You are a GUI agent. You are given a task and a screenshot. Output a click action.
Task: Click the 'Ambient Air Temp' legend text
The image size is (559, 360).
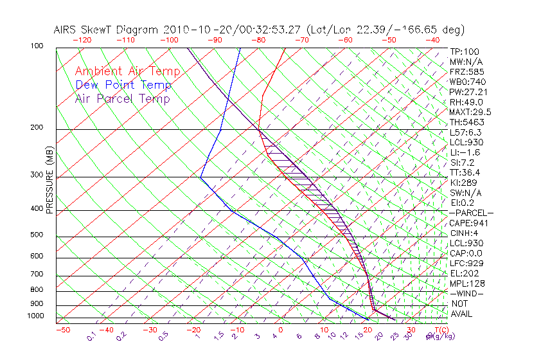point(128,71)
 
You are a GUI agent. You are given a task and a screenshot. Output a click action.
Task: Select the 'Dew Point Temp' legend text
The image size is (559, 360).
point(123,85)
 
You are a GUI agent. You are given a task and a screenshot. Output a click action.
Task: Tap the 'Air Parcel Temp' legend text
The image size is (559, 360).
point(122,98)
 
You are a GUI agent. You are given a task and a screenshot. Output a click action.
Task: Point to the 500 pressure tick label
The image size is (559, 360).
point(37,235)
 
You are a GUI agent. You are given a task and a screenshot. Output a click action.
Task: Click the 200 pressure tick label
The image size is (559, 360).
point(37,127)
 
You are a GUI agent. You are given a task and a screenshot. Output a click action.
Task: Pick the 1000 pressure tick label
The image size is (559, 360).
point(35,316)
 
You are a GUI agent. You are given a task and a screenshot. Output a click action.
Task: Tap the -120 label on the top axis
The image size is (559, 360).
point(82,40)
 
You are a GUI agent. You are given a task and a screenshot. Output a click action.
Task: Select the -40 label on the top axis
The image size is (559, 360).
point(432,40)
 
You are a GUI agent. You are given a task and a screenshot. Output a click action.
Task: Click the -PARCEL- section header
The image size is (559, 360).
point(471,213)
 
